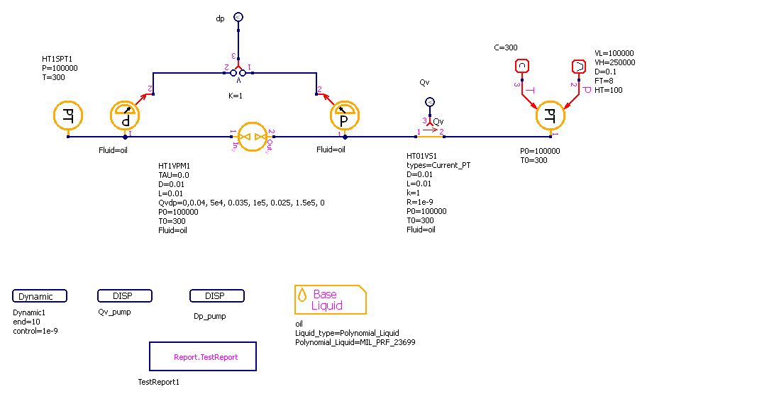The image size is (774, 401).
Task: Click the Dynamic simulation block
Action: [40, 296]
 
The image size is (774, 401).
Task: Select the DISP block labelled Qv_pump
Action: [124, 295]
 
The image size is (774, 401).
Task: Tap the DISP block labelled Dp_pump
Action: [217, 295]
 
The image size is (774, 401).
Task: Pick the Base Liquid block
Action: [330, 300]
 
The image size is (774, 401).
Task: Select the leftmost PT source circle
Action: [68, 115]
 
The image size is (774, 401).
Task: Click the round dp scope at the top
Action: [238, 17]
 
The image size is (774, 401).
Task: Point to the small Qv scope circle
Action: [429, 102]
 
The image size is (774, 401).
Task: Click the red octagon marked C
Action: [522, 66]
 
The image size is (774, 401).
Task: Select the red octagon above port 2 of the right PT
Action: [579, 66]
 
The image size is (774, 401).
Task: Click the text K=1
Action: [236, 95]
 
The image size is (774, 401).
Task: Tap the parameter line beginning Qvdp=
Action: [241, 203]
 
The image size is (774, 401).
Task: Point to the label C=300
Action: [506, 47]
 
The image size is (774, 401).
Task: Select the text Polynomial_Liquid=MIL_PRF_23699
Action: [355, 342]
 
